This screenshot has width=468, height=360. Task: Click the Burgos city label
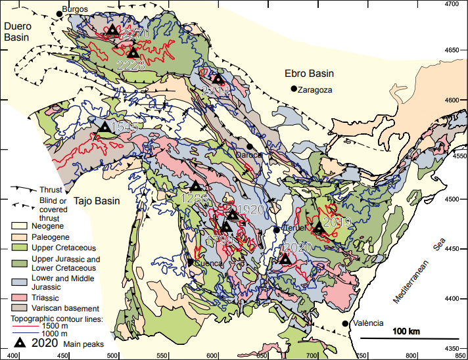(x=76, y=10)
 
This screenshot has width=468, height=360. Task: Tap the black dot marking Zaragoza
(x=293, y=89)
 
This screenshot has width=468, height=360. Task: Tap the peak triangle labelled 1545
(x=105, y=127)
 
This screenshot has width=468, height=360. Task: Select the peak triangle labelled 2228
(x=133, y=53)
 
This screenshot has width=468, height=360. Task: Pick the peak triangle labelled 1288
(x=195, y=187)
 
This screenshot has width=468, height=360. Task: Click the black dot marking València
(x=345, y=324)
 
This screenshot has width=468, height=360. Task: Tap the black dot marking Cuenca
(x=191, y=262)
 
